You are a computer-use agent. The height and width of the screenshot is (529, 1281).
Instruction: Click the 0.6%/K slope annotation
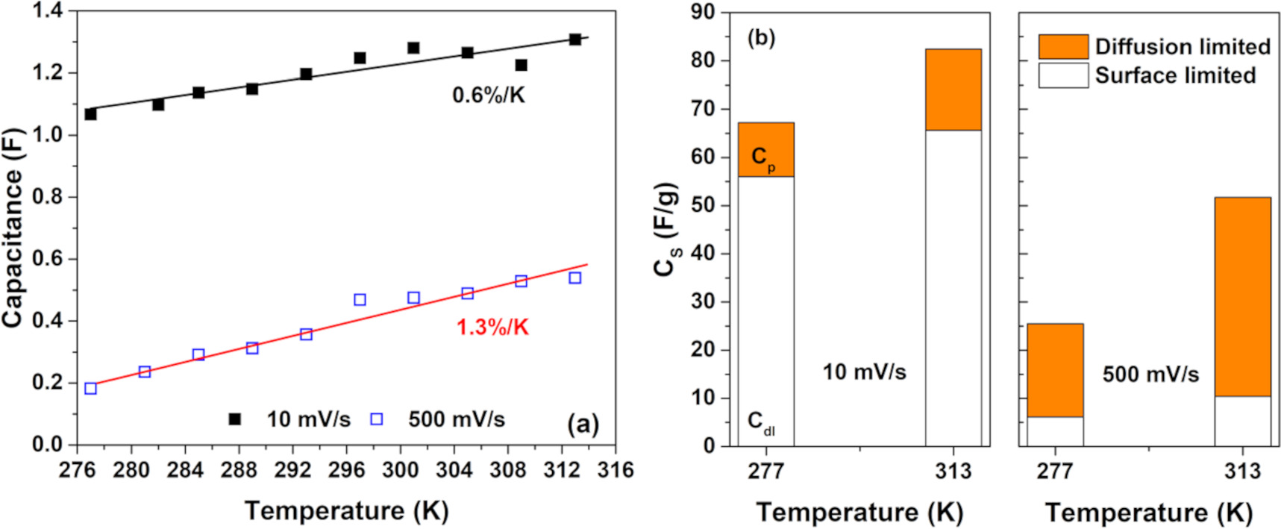click(x=489, y=96)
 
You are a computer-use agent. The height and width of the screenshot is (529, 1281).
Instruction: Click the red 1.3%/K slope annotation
click(x=492, y=328)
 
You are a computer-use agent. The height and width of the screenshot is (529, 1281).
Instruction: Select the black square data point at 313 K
click(x=574, y=40)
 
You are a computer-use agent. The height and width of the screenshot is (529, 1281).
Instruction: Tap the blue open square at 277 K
click(x=91, y=388)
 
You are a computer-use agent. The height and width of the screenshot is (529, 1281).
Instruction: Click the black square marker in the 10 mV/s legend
click(x=234, y=419)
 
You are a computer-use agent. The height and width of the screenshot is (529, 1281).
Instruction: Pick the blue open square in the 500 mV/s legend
click(x=377, y=419)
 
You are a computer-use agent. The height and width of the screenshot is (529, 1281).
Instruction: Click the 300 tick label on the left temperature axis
click(x=401, y=470)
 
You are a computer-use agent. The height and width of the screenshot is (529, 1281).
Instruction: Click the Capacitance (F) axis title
click(x=13, y=228)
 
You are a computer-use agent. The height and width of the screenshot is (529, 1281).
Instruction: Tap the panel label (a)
click(x=583, y=424)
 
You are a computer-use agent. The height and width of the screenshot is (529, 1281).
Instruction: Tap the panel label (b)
click(x=761, y=38)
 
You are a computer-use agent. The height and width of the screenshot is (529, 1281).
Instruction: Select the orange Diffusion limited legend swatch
click(x=1063, y=46)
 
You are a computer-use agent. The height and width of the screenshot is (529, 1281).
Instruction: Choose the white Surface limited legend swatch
click(x=1063, y=75)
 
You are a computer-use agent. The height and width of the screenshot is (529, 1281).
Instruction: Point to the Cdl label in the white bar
click(x=761, y=422)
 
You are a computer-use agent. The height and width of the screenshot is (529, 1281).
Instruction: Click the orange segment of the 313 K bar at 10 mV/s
click(x=953, y=90)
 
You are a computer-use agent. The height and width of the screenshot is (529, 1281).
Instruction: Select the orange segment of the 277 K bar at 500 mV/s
click(x=1055, y=370)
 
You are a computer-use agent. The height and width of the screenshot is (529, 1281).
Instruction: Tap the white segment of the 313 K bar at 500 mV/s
click(x=1242, y=421)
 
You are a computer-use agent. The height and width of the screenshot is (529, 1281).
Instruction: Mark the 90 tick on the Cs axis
click(x=703, y=12)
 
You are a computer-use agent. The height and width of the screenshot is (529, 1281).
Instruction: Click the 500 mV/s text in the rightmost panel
click(x=1150, y=374)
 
